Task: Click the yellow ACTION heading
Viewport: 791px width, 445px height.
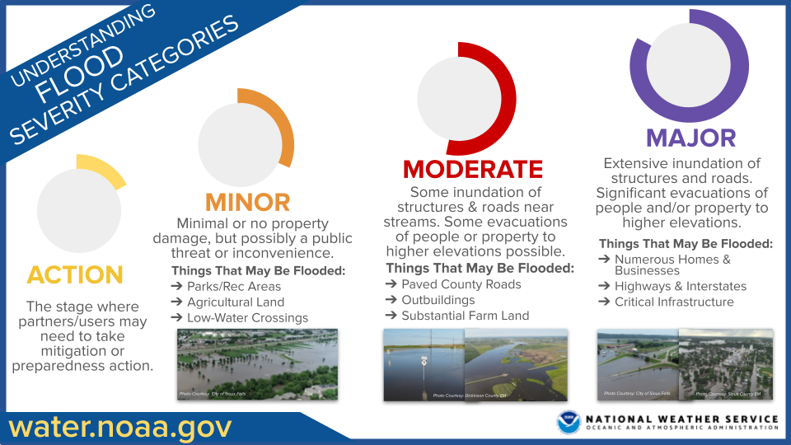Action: (75, 274)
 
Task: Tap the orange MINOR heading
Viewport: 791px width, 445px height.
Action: (247, 202)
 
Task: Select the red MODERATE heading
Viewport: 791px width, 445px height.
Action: (473, 169)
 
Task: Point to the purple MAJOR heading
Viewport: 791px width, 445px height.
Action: (690, 137)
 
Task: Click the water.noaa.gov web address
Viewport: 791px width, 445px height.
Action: (120, 427)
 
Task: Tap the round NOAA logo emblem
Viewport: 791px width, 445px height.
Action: (569, 423)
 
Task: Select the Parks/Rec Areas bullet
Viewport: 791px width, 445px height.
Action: (234, 287)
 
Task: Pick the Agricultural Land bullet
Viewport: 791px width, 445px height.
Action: (235, 302)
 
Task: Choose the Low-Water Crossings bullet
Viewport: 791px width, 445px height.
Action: (247, 318)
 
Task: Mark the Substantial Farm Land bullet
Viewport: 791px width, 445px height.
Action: (466, 316)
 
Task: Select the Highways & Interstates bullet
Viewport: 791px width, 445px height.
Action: (681, 286)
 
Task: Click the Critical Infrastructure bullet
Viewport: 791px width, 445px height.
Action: (674, 302)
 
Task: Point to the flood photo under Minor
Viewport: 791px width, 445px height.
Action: (257, 364)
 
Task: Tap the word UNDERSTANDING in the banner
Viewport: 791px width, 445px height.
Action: (78, 44)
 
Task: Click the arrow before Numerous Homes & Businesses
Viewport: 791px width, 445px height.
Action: (604, 260)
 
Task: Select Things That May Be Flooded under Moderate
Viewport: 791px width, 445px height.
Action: (480, 269)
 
